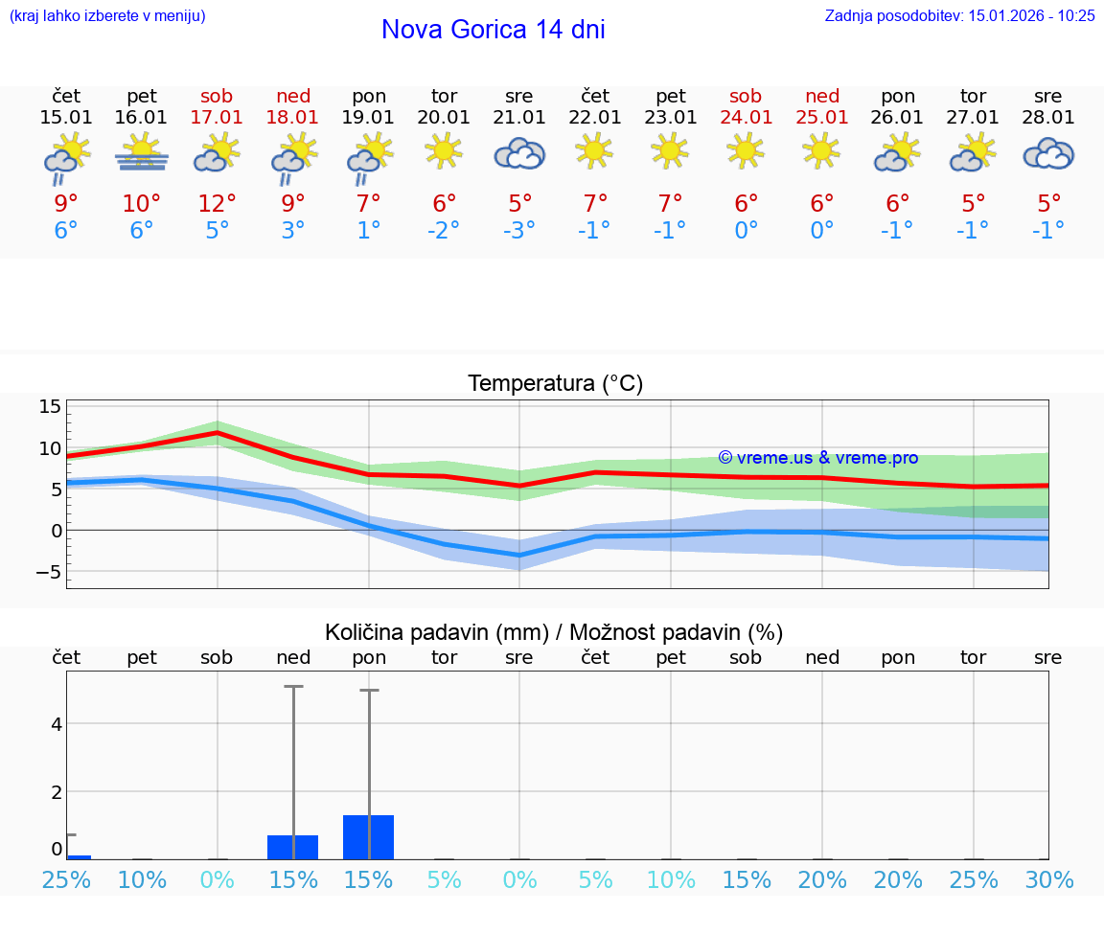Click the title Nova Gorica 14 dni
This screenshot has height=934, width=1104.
pyautogui.click(x=493, y=30)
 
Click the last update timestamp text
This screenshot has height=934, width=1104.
pyautogui.click(x=959, y=15)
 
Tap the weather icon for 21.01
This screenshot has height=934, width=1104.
pyautogui.click(x=519, y=153)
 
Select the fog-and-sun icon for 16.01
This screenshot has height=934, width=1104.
pyautogui.click(x=142, y=153)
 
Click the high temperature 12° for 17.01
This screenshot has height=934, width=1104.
pyautogui.click(x=218, y=203)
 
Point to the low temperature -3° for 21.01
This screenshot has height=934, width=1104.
pyautogui.click(x=519, y=230)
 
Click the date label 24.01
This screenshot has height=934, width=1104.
pyautogui.click(x=746, y=118)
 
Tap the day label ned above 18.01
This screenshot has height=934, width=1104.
pyautogui.click(x=293, y=96)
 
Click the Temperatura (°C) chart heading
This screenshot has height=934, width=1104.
pyautogui.click(x=555, y=384)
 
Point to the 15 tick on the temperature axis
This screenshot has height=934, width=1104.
pyautogui.click(x=50, y=407)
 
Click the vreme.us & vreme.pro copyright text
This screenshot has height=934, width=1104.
pyautogui.click(x=817, y=458)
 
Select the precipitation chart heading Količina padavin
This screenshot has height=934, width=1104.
pyautogui.click(x=554, y=632)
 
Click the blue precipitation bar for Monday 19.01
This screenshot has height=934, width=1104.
pyautogui.click(x=369, y=837)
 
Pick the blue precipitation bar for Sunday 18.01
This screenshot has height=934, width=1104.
pyautogui.click(x=293, y=847)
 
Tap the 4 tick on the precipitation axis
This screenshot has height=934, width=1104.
pyautogui.click(x=57, y=723)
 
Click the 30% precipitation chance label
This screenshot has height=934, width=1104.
pyautogui.click(x=1048, y=879)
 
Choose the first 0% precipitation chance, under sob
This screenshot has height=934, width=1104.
pyautogui.click(x=218, y=879)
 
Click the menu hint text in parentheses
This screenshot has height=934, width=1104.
pyautogui.click(x=106, y=15)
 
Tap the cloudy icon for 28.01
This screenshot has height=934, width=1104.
pyautogui.click(x=1048, y=153)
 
